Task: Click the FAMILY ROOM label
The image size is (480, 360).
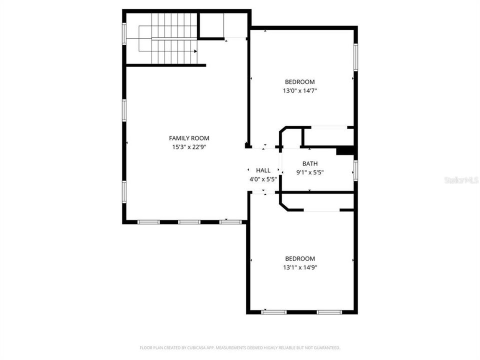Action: coord(189,138)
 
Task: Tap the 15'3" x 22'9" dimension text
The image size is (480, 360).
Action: coord(189,147)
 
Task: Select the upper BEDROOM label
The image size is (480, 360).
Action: coord(299,82)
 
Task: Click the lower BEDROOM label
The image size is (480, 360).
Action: coord(300,258)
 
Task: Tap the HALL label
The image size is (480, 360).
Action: coord(263,170)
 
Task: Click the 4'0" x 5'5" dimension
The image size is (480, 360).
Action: coord(263,179)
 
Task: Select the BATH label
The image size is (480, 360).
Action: coord(310,163)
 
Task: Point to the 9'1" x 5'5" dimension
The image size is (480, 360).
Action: coord(310,173)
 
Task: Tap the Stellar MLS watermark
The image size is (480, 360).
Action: coord(461,179)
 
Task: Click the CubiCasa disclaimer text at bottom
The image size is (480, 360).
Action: coord(240,347)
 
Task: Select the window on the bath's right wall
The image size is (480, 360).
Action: coord(355,169)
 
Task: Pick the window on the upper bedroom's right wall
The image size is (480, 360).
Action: coord(355,57)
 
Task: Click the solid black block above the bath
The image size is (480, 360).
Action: coord(345,150)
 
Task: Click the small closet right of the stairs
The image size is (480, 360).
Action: coord(211,25)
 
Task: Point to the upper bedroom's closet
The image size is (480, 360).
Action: coord(327,137)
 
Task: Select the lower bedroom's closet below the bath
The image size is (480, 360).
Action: coord(320,202)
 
